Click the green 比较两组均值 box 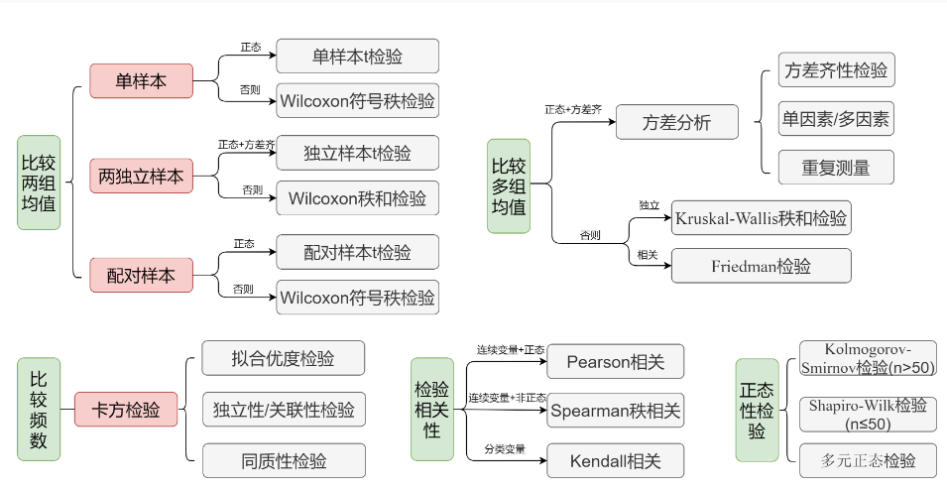(x=39, y=183)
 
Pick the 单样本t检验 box (x=357, y=56)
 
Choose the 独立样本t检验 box (x=357, y=153)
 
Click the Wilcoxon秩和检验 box (x=357, y=198)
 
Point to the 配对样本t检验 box (x=357, y=252)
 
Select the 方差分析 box (x=676, y=122)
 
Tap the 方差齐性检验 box (x=836, y=70)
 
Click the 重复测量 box (x=836, y=168)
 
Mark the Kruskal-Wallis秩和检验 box (x=761, y=217)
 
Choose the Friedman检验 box (x=761, y=266)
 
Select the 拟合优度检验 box (x=283, y=358)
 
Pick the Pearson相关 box (x=615, y=361)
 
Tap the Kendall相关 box (x=615, y=460)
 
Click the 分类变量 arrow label (x=505, y=449)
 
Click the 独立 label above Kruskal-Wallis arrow (x=649, y=204)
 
